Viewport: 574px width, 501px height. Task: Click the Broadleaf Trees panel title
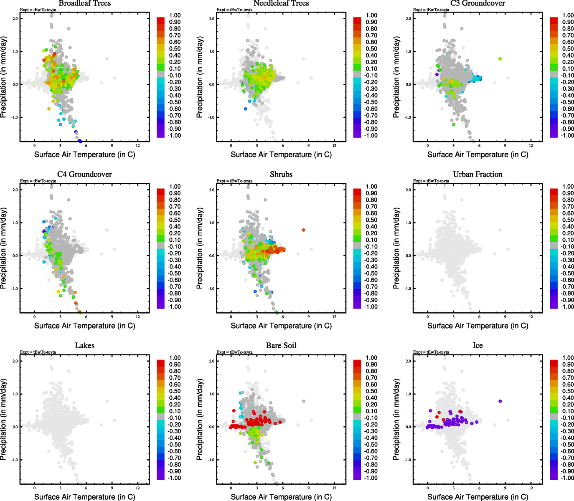tap(84, 3)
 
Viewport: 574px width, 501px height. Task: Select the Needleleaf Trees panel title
tap(281, 3)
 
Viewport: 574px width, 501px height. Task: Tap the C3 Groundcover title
tap(477, 3)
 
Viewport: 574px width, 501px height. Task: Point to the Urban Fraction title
tap(477, 174)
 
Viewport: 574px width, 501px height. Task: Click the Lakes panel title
tap(84, 345)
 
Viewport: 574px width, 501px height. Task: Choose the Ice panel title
tap(477, 345)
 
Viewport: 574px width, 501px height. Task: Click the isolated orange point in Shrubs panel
tap(304, 230)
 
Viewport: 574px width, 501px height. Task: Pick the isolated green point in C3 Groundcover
tap(500, 59)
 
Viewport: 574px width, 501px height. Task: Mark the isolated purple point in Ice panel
tap(500, 401)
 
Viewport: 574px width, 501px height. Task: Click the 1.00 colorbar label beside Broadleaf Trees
tap(175, 15)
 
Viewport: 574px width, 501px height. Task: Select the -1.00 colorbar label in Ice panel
tap(567, 478)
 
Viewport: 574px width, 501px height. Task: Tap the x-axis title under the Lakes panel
tap(84, 497)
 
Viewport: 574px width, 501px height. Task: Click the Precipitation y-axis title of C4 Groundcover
tap(4, 248)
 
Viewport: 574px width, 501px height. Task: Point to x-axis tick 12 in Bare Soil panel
tap(334, 488)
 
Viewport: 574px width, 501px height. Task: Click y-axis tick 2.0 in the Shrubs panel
tap(212, 190)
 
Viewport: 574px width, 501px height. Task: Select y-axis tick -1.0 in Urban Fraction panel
tap(408, 288)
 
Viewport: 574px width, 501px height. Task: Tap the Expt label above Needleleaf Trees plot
tap(234, 10)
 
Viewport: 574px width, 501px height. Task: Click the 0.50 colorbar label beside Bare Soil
tap(371, 391)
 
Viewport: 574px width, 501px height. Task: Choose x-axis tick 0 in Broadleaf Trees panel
tap(34, 145)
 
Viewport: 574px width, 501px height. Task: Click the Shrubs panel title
tap(281, 174)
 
